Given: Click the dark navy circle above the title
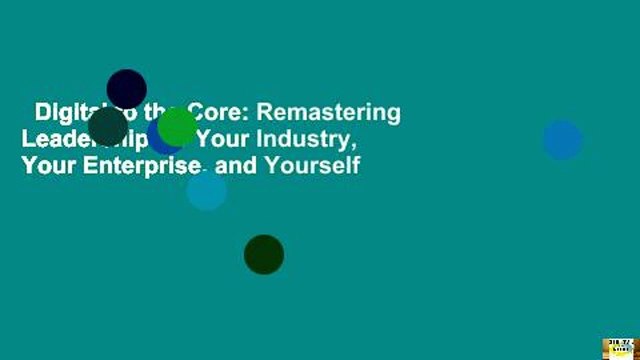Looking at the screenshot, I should [127, 89].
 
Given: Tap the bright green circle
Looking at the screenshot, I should [177, 126].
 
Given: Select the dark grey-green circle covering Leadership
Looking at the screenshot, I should [108, 126].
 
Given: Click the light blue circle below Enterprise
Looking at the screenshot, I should [207, 190].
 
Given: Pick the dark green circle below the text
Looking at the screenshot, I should [264, 254].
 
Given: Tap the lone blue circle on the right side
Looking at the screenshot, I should [563, 140].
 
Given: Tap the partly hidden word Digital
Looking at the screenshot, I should [65, 112].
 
